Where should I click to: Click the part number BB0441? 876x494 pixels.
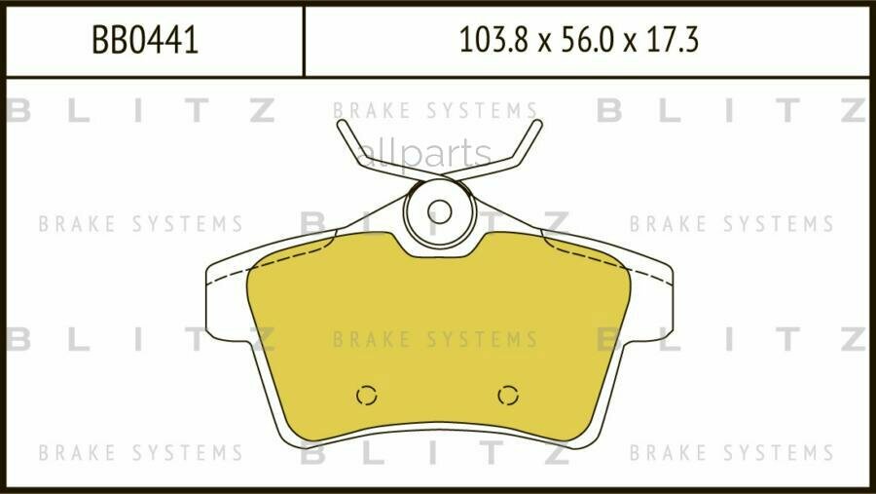point(145,40)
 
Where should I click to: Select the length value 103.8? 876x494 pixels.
point(493,40)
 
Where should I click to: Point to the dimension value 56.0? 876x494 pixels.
point(587,40)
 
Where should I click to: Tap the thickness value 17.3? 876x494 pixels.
point(672,40)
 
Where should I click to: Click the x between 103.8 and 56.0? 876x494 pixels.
point(545,44)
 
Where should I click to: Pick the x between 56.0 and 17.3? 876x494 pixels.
point(630,44)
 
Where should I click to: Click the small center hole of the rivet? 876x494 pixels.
point(440,212)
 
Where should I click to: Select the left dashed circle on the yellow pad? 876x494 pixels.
point(367,396)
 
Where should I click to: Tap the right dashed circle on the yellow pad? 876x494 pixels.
point(508,396)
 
